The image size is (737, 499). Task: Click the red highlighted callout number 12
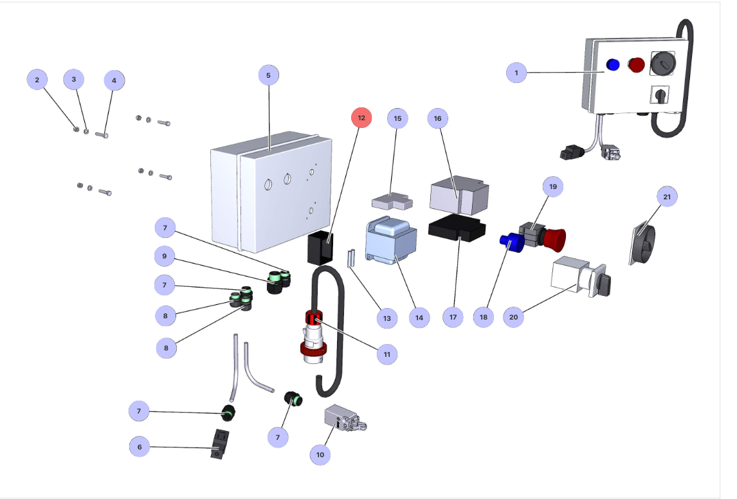[x=361, y=118]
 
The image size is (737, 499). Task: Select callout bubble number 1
[x=516, y=73]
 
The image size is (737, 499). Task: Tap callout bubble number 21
[x=667, y=196]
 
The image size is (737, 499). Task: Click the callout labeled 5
[x=268, y=75]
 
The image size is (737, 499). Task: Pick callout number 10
[x=320, y=455]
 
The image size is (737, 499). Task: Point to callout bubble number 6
[x=140, y=446]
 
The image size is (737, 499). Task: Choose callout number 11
[x=387, y=354]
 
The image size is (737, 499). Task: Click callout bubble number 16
[x=438, y=119]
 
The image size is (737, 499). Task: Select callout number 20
[x=513, y=317]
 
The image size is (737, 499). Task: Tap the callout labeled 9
[x=165, y=257]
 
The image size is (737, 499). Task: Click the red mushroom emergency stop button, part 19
[x=555, y=239]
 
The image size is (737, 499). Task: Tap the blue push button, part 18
[x=509, y=242]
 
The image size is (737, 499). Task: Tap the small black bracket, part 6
[x=219, y=444]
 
